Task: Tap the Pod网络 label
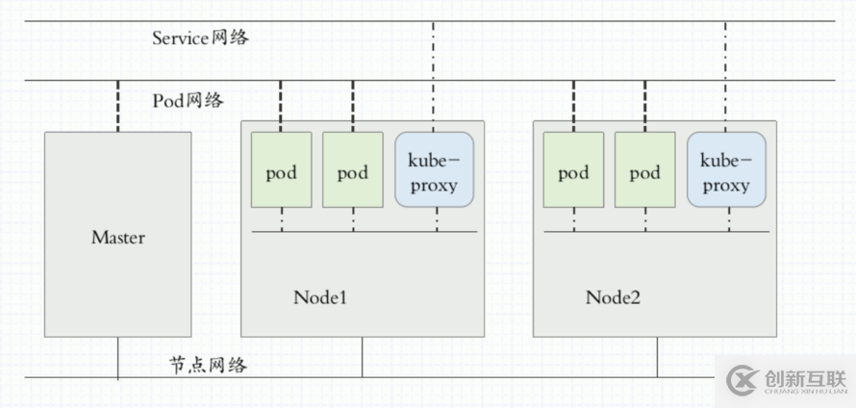[188, 100]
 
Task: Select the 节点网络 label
[208, 365]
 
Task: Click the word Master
[117, 237]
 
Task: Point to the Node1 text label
[319, 297]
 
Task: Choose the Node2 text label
[612, 297]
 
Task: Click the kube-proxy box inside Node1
[434, 170]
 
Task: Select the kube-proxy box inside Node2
[726, 170]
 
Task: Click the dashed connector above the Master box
[117, 106]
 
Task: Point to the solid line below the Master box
[117, 357]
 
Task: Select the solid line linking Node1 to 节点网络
[363, 357]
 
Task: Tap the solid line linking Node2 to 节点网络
[658, 357]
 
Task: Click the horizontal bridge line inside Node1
[365, 231]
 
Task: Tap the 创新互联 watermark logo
[785, 381]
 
